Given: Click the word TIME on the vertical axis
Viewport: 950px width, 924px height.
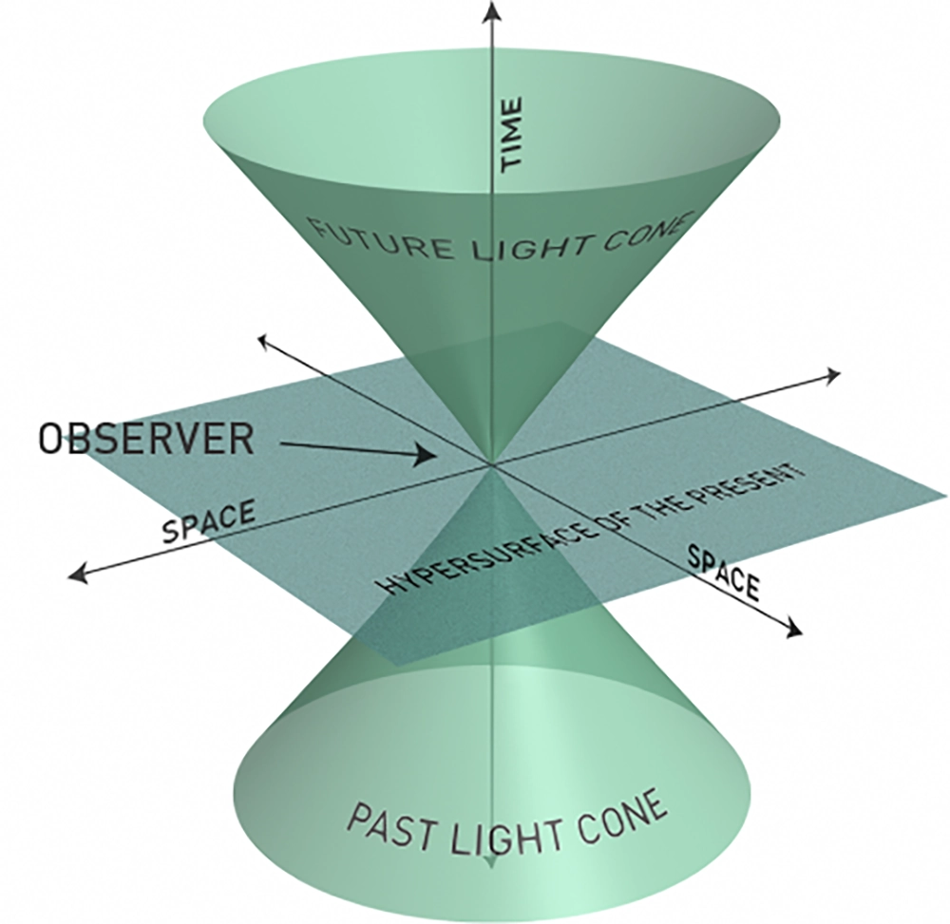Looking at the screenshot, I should tap(512, 134).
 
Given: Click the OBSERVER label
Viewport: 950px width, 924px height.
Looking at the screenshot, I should tap(146, 439).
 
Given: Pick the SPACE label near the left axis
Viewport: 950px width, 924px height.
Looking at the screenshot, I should tap(208, 521).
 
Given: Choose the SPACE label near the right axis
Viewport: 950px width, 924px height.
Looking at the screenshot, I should tap(724, 573).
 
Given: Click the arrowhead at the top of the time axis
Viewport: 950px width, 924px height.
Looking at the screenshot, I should tap(490, 11).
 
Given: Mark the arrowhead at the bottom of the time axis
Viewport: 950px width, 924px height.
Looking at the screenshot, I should tap(489, 862).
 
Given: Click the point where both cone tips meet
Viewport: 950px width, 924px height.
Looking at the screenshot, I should tap(490, 464).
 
